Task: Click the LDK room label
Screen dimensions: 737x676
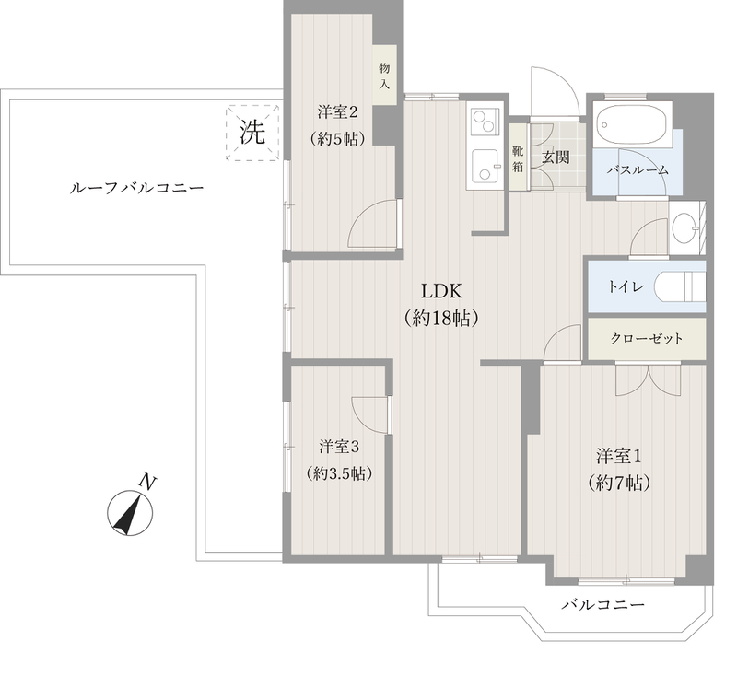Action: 441,291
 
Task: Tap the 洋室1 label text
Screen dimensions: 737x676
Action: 619,455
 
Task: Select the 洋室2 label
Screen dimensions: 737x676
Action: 337,112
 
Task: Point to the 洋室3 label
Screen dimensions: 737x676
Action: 339,447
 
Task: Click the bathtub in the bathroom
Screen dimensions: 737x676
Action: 632,124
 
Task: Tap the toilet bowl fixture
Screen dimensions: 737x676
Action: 680,286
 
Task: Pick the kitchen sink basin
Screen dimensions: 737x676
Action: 485,166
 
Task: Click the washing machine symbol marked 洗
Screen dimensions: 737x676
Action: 252,133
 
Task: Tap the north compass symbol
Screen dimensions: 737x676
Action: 130,512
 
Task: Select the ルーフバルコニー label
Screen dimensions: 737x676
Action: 136,189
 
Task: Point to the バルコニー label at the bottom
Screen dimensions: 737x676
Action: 603,604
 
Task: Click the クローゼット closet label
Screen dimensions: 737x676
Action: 646,338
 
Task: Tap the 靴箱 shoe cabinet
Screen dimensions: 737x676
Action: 518,157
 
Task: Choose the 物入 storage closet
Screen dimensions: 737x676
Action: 385,76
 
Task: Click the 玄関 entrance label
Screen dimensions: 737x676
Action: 556,157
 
